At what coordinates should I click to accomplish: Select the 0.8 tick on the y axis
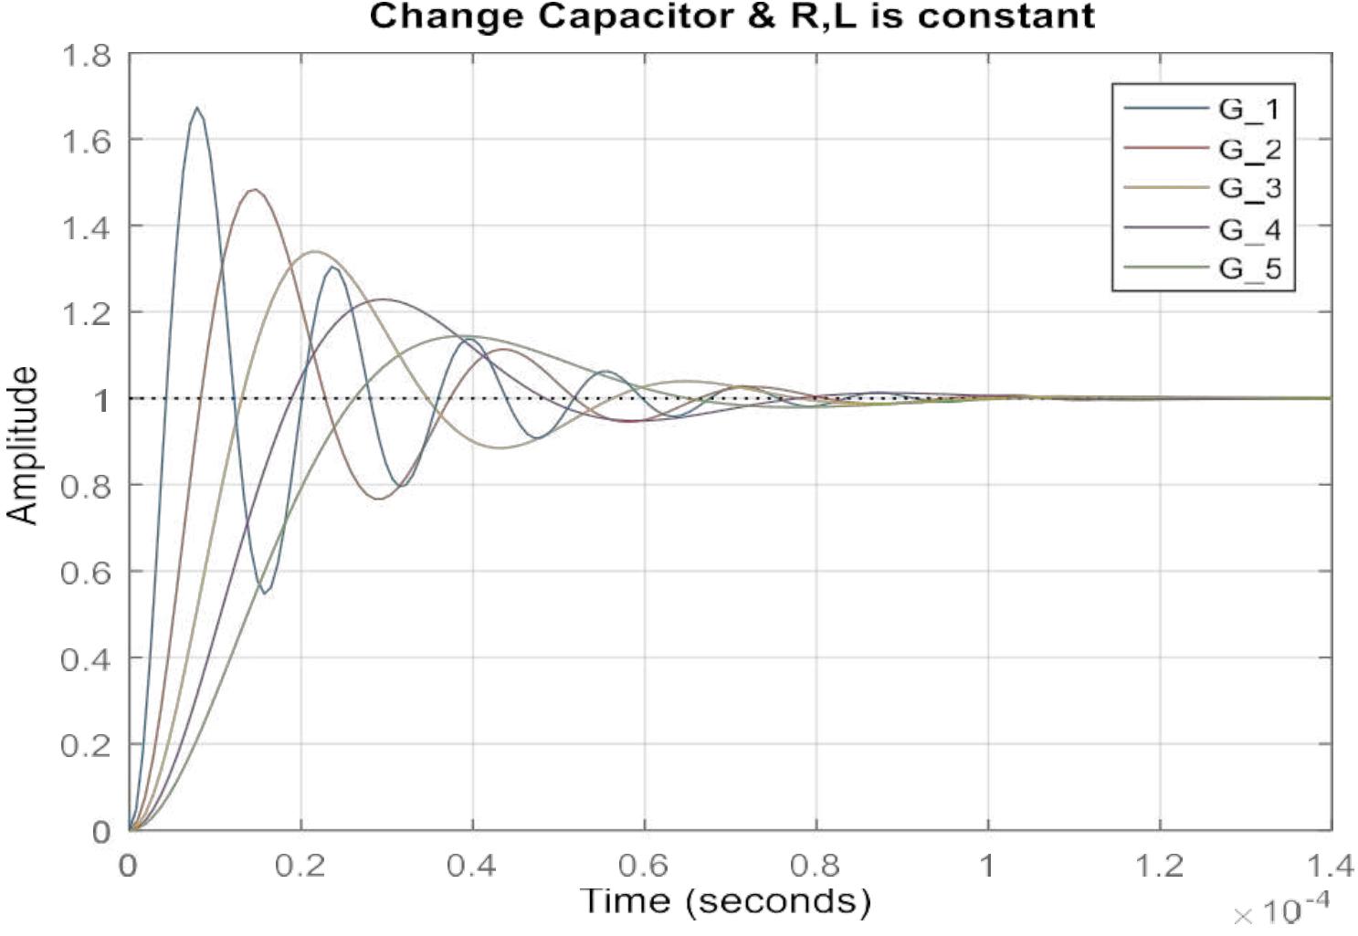86,487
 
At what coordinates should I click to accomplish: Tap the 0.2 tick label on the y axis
86,746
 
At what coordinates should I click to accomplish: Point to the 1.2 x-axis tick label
1159,866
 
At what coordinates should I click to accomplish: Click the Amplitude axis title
23,446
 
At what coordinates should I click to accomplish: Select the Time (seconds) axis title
725,902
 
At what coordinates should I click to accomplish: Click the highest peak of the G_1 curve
197,108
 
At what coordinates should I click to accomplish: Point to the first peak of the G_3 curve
315,252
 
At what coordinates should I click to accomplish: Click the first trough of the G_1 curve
266,593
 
